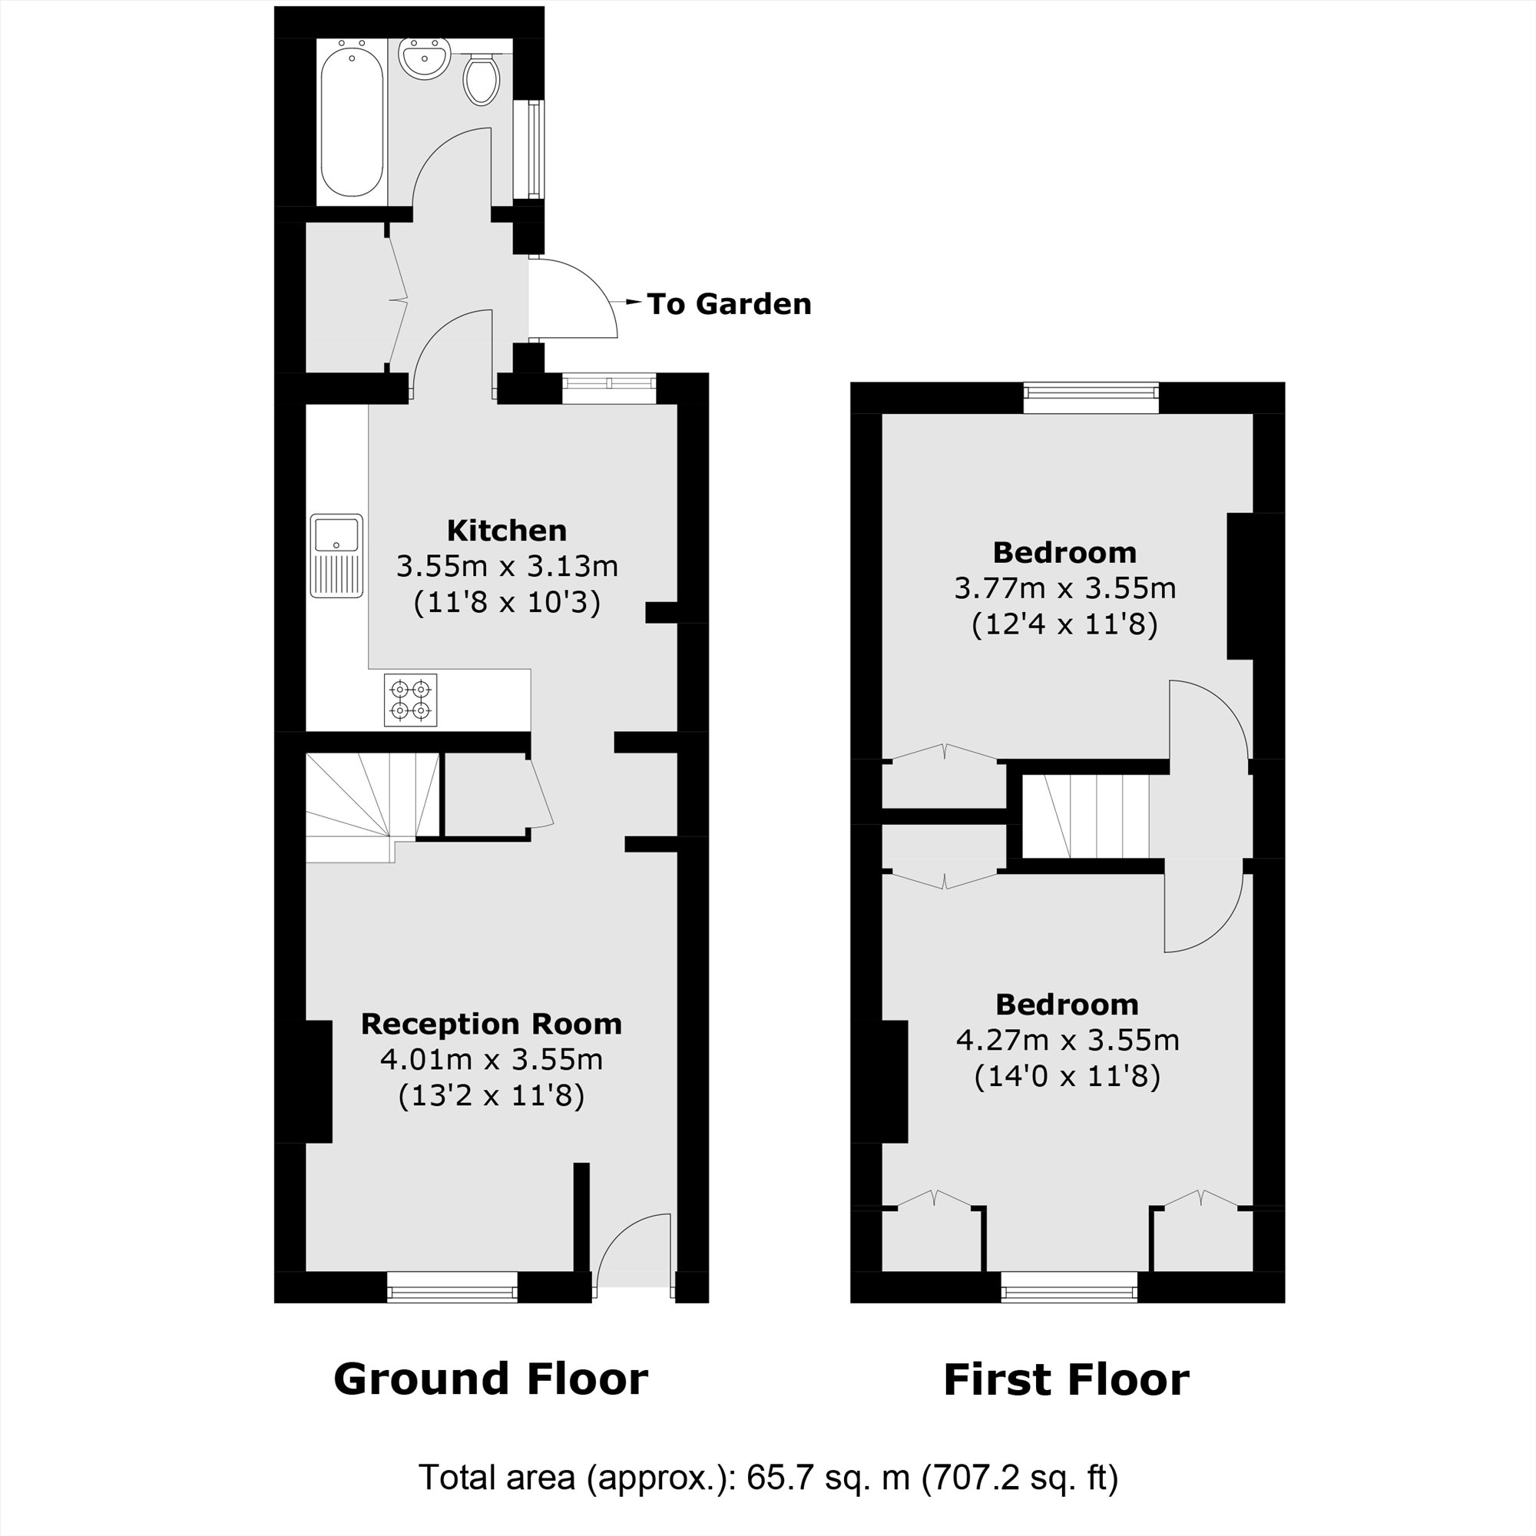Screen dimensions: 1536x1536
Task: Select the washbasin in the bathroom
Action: coord(425,59)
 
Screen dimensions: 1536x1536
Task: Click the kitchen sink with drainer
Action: coord(336,555)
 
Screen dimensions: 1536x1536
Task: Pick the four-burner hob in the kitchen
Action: coord(410,700)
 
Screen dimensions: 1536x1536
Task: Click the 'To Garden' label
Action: coord(728,303)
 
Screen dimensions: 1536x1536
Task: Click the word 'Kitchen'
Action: coord(506,530)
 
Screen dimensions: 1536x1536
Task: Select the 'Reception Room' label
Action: coord(492,1024)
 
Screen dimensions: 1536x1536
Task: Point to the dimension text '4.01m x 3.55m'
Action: coord(492,1060)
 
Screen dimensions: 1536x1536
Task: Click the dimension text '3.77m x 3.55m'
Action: coord(1064,588)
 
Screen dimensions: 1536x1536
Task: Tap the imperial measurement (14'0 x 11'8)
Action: coord(1067,1077)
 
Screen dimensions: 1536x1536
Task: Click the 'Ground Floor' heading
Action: coord(491,1379)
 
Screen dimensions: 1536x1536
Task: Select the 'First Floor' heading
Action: coord(1065,1380)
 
